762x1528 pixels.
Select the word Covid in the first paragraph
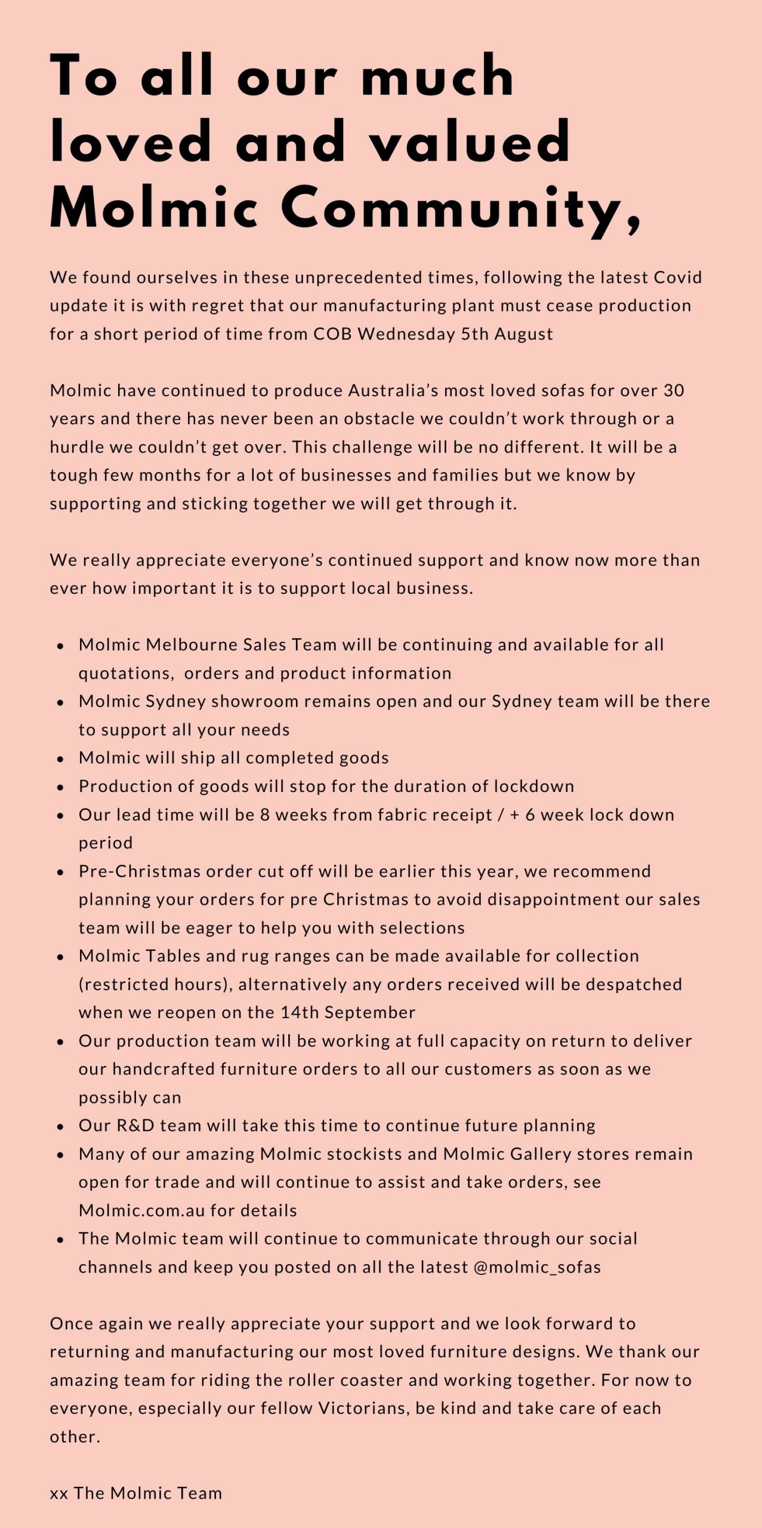678,278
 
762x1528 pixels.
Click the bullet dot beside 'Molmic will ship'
60,759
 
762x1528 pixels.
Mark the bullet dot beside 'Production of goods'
60,788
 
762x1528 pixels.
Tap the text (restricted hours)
155,984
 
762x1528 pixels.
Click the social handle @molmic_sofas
537,1267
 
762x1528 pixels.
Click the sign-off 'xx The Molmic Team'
136,1493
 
